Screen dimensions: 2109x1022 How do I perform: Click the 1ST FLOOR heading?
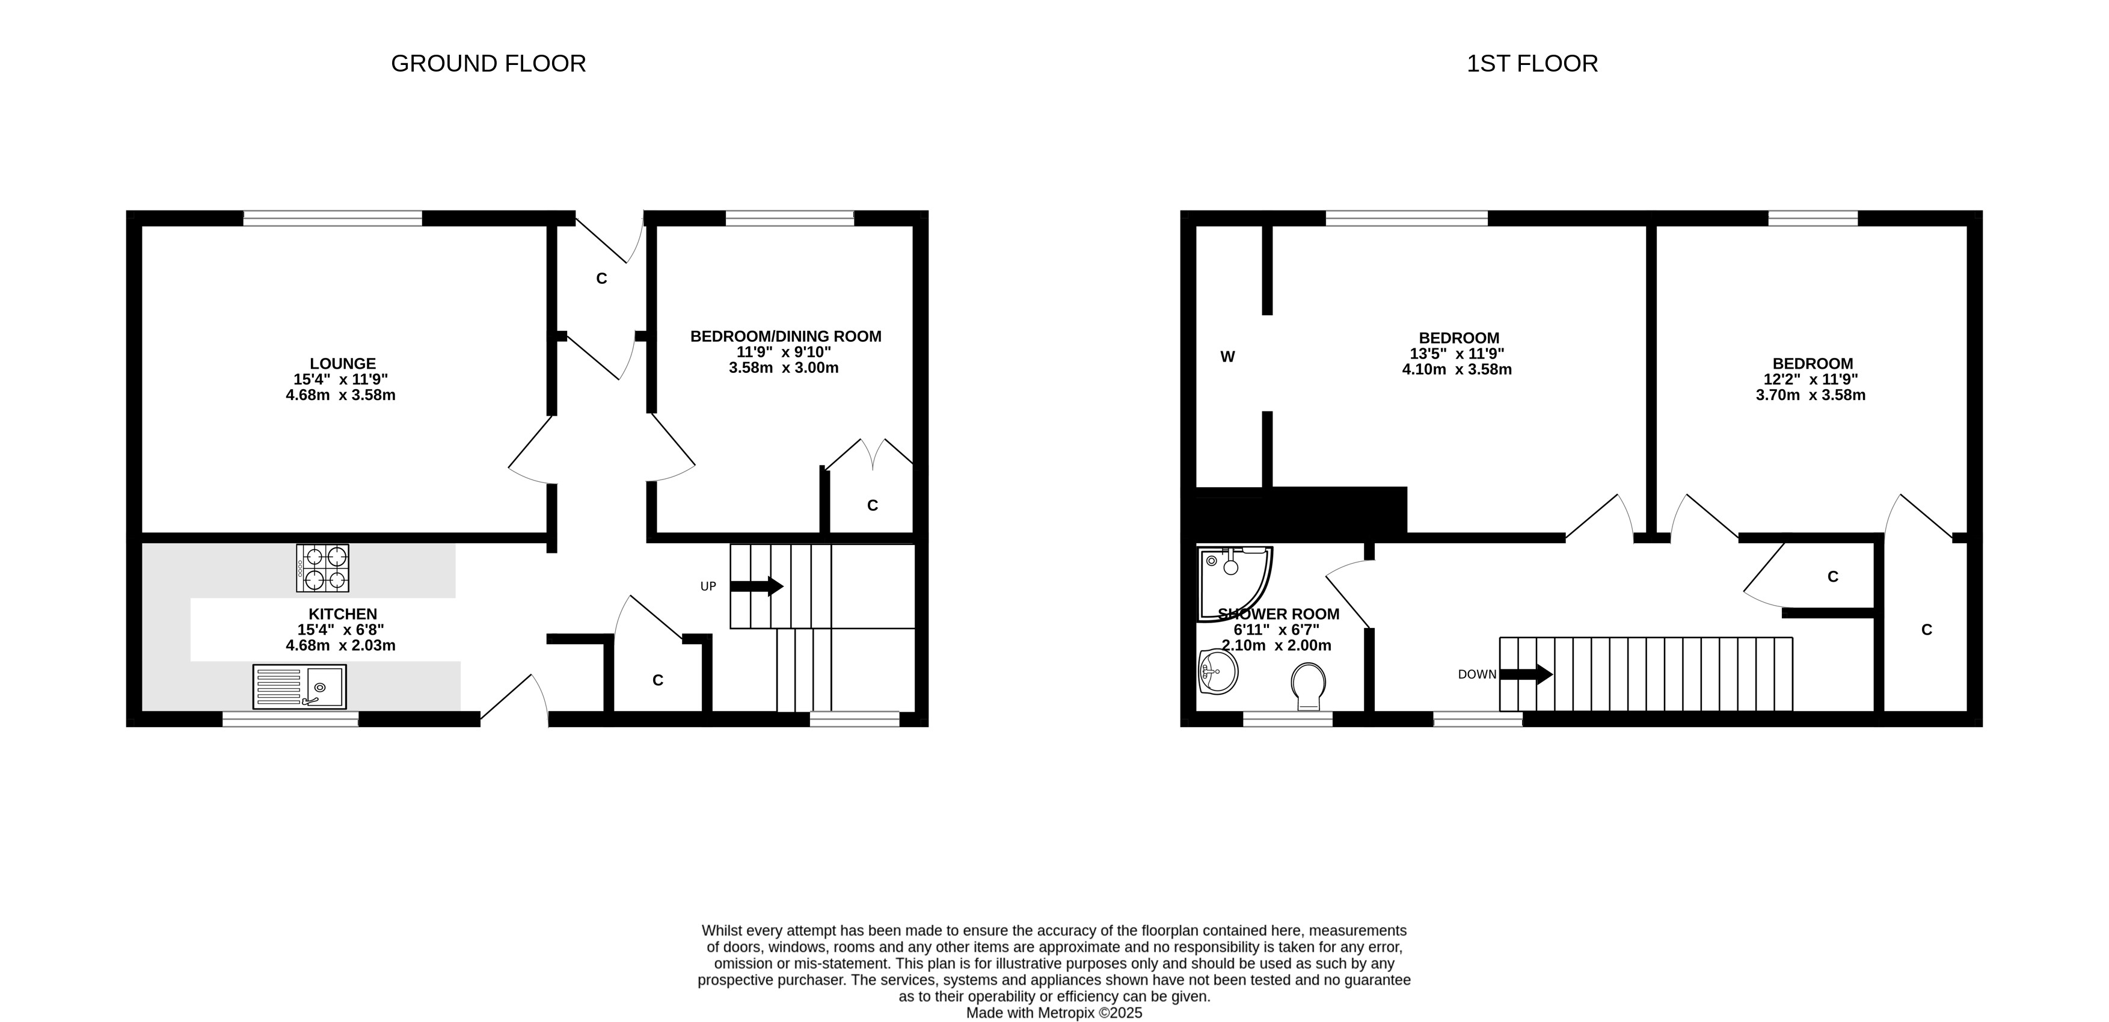1532,64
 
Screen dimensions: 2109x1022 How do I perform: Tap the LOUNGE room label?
342,363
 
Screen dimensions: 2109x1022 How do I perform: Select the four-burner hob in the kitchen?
322,567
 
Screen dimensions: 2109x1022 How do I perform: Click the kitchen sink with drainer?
299,686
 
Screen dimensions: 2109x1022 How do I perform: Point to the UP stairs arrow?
757,586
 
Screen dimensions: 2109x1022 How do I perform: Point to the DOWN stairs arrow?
1526,675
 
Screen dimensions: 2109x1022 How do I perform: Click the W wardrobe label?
1227,356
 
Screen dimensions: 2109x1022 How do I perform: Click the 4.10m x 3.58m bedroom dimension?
1457,369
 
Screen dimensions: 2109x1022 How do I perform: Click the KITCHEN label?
342,614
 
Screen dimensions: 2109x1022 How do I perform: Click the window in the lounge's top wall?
333,218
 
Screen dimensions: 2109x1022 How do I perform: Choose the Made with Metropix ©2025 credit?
1055,1013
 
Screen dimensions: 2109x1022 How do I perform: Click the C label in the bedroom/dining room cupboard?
873,506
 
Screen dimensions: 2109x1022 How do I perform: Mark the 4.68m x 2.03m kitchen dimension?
340,645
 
